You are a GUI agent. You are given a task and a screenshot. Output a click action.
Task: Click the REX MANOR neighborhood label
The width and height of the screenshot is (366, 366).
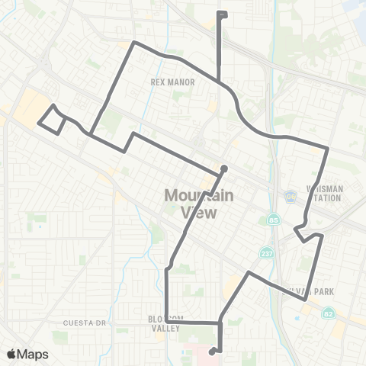[x=173, y=82]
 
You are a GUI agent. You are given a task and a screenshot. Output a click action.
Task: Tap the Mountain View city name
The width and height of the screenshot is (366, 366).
[x=194, y=204]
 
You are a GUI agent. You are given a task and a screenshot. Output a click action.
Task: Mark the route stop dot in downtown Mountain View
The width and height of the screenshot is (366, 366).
[x=223, y=169]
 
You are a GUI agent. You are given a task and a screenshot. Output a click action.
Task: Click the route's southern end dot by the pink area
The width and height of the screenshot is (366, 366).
[x=211, y=352]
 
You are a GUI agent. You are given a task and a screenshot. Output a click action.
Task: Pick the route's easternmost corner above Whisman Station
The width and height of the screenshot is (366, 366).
[x=328, y=147]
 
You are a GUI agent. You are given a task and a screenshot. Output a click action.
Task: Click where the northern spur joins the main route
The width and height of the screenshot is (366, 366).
[x=220, y=81]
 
